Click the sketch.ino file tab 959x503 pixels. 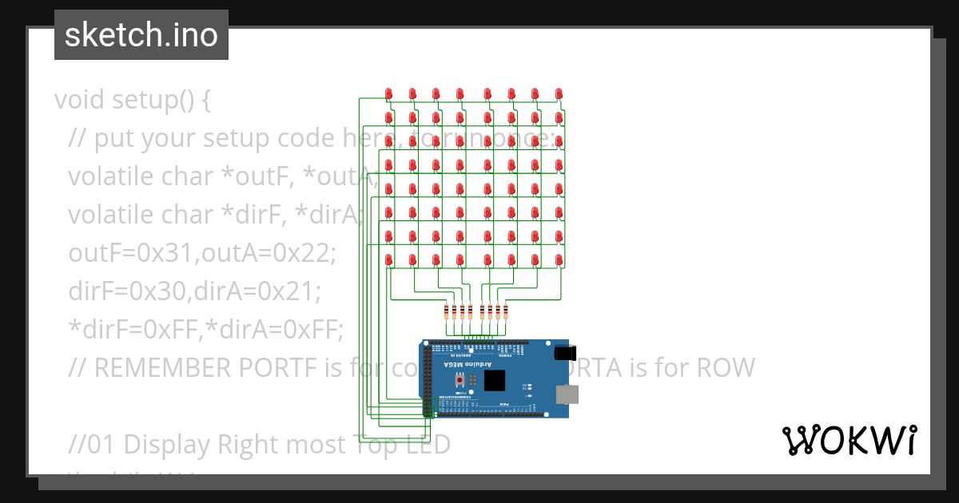[x=141, y=35]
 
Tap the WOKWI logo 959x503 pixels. [x=849, y=440]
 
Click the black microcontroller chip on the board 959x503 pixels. [x=495, y=380]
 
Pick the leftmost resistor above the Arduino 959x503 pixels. [x=446, y=312]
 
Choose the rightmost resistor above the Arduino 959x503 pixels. [x=506, y=312]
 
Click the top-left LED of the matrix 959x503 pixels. [x=389, y=94]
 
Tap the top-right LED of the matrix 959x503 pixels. [x=559, y=94]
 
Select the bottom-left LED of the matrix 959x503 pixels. [x=389, y=261]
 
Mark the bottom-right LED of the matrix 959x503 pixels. [x=559, y=261]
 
